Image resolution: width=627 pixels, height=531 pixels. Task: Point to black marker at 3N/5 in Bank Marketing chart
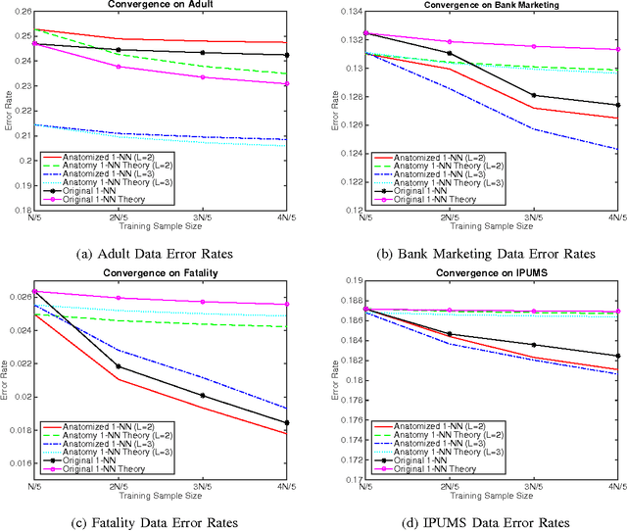532,95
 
